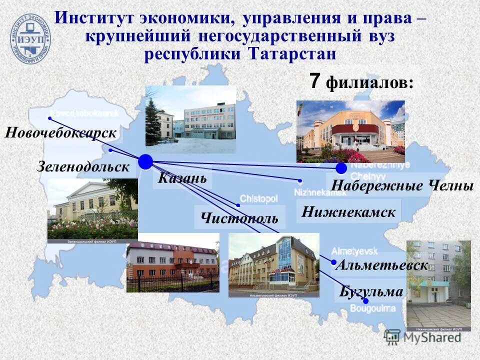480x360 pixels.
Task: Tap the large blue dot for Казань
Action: coord(145,161)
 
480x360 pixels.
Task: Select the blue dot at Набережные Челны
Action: coord(341,168)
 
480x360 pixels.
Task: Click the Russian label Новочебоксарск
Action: coord(61,133)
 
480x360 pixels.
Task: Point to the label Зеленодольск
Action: coord(83,167)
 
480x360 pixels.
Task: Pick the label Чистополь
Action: coord(239,218)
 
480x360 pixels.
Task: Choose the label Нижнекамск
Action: coord(348,212)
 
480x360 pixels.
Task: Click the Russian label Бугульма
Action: coord(371,291)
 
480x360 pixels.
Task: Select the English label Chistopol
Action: coord(258,198)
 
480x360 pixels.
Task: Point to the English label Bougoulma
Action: coord(372,308)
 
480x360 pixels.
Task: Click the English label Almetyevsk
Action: coord(354,250)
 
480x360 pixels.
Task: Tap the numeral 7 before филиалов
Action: coord(314,81)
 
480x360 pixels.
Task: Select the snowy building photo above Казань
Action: coord(190,119)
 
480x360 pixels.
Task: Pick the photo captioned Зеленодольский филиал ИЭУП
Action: coord(92,210)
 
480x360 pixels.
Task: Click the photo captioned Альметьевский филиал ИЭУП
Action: coord(273,265)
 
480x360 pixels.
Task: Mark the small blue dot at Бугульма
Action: coord(365,301)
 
